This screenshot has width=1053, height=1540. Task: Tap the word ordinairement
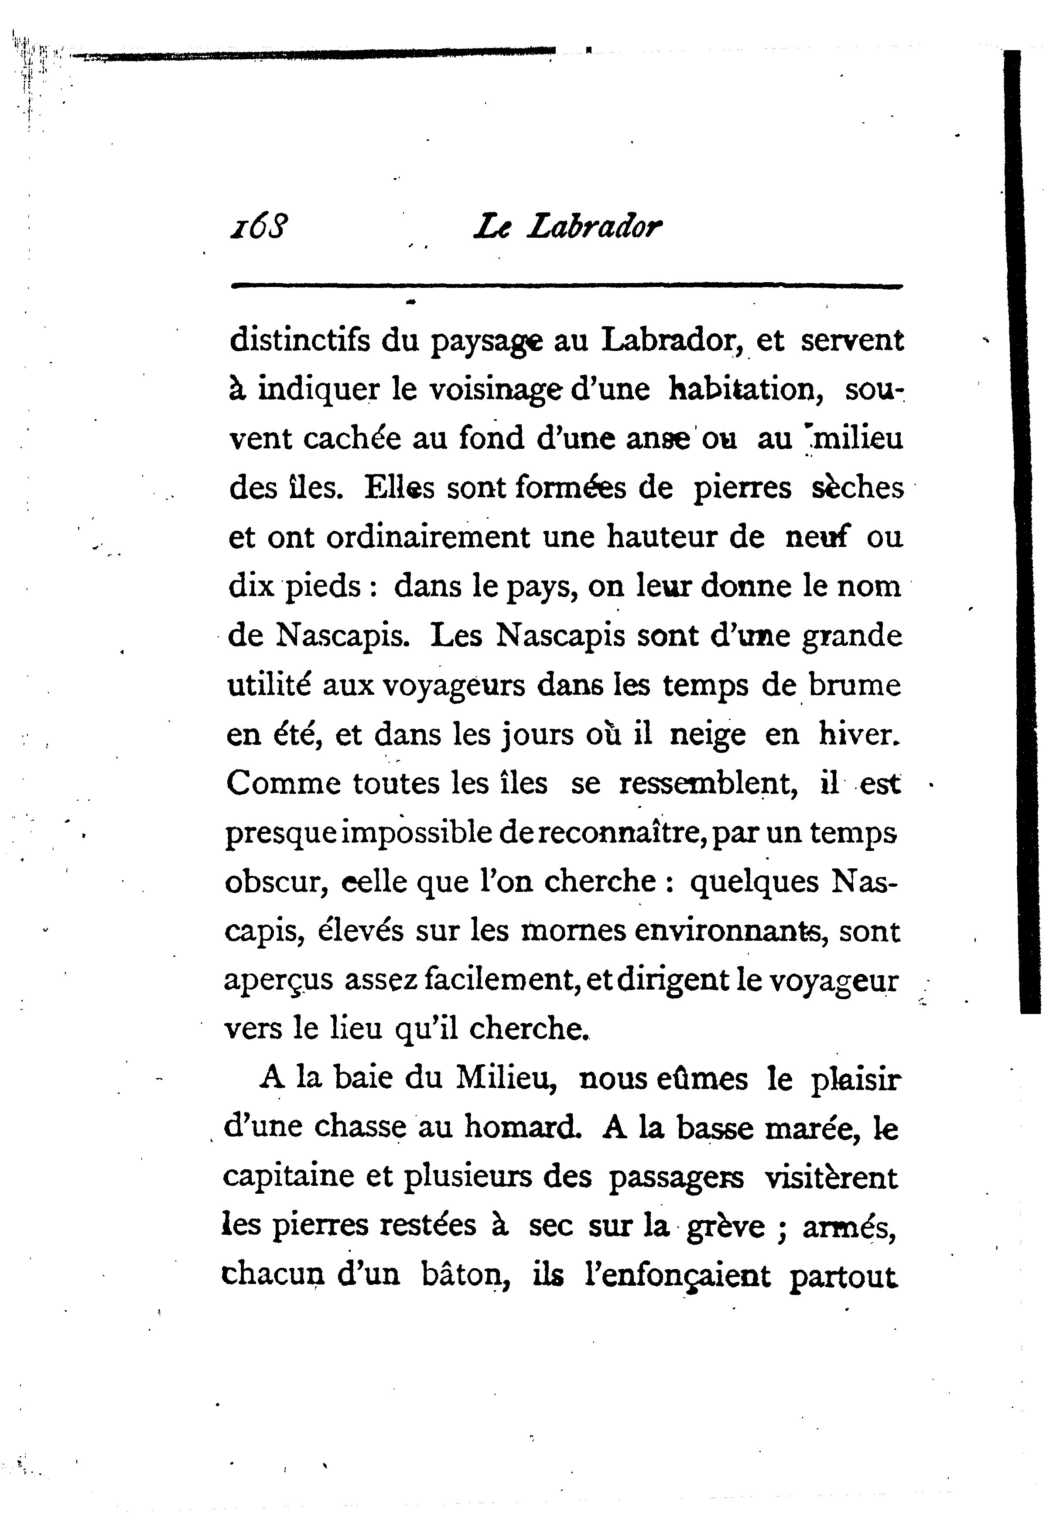[427, 537]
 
